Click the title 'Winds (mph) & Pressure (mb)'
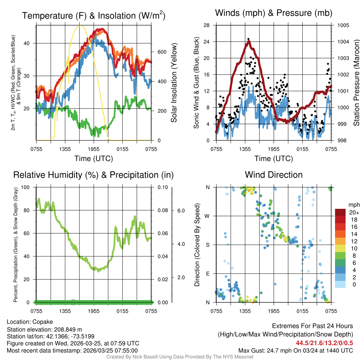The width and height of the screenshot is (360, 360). click(x=274, y=13)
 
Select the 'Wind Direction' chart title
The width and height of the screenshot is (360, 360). click(x=274, y=175)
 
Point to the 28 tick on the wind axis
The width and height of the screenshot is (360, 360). click(x=207, y=25)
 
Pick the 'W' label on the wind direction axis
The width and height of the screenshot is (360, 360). click(x=207, y=216)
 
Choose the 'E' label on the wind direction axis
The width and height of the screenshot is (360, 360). click(x=207, y=274)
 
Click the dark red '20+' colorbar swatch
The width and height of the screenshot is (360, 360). click(x=341, y=212)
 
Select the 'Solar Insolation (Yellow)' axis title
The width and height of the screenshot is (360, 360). click(x=174, y=83)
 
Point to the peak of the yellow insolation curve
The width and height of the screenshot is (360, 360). click(x=80, y=26)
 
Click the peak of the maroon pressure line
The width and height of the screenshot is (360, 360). click(x=249, y=41)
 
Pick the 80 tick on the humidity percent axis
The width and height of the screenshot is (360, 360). click(x=30, y=210)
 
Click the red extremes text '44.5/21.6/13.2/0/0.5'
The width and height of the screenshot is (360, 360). click(x=324, y=343)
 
